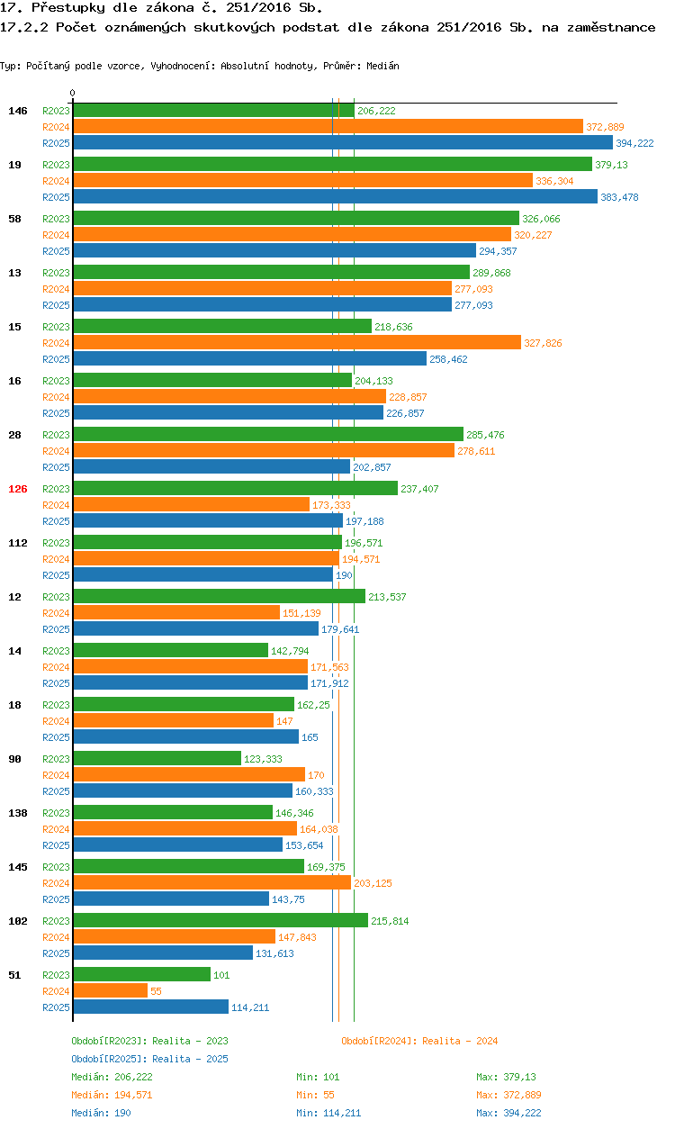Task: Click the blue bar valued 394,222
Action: (342, 143)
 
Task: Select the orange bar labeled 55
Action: (110, 990)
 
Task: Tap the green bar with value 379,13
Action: (332, 165)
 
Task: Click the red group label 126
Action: (18, 489)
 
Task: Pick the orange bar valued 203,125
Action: (211, 883)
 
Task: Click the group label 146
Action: (18, 111)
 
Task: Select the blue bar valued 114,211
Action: (150, 1007)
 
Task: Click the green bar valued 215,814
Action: (220, 920)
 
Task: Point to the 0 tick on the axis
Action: (73, 93)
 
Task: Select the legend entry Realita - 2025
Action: (190, 1059)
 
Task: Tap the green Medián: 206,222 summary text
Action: (112, 1077)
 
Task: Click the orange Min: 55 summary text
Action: (318, 1095)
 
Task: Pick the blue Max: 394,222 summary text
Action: (508, 1113)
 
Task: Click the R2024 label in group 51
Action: (56, 991)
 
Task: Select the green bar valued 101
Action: (141, 974)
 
